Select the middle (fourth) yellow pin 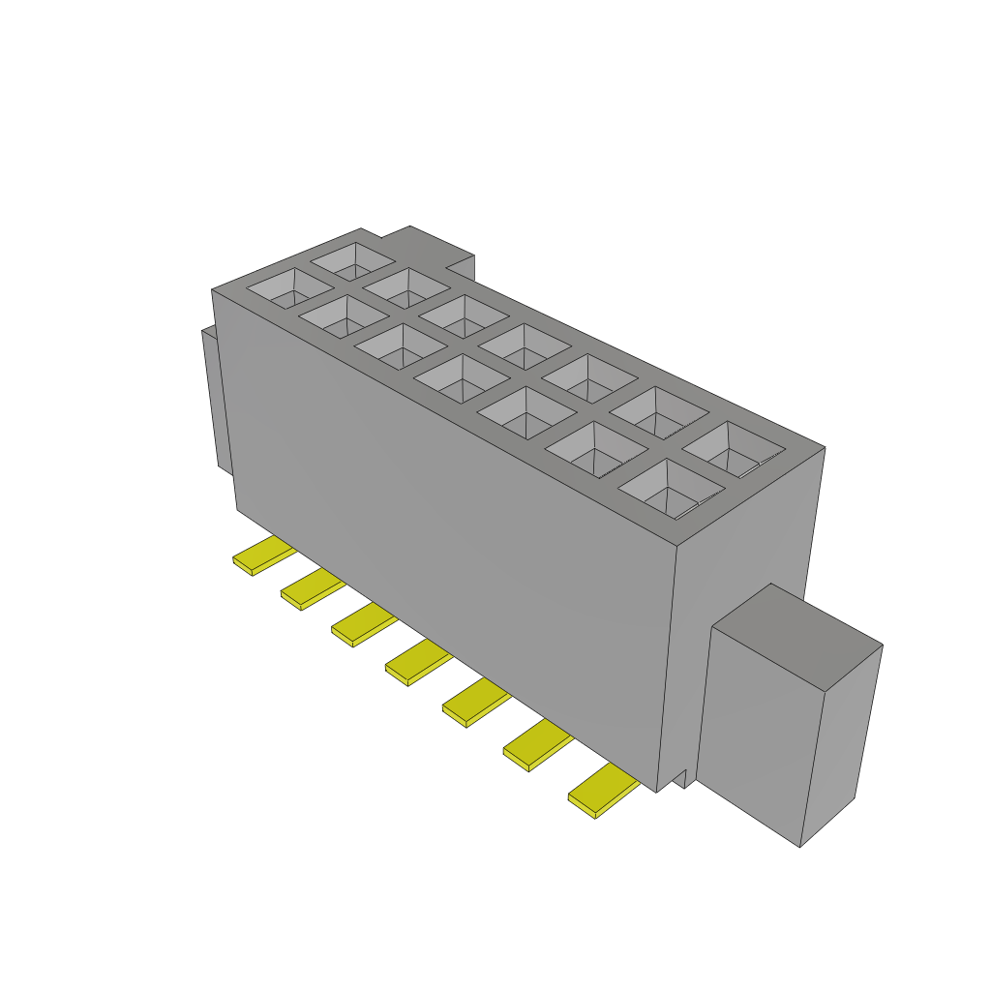(x=417, y=662)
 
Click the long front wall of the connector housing (x=445, y=503)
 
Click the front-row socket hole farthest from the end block (x=288, y=287)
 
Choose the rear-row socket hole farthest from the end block (x=352, y=259)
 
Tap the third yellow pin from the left (x=363, y=625)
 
